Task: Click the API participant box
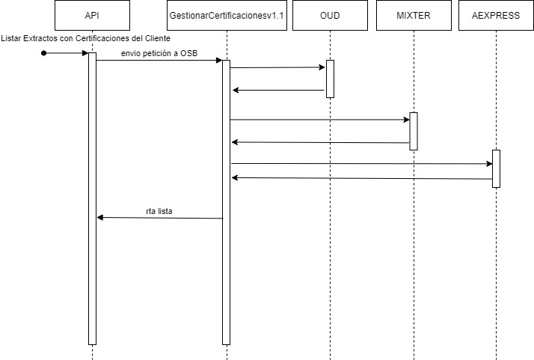92,15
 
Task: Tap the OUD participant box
330,15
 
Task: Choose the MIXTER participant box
413,15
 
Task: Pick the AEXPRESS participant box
495,15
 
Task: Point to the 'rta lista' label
159,211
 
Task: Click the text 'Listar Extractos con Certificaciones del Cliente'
86,38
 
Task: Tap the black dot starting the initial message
43,53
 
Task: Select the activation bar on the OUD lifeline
330,79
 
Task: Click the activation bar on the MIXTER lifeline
413,131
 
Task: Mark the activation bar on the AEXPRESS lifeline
495,168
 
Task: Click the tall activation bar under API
92,198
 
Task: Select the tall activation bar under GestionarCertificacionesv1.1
226,202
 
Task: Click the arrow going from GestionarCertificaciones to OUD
277,67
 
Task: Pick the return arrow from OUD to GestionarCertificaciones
278,90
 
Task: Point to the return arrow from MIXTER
320,141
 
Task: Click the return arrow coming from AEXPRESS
361,178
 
